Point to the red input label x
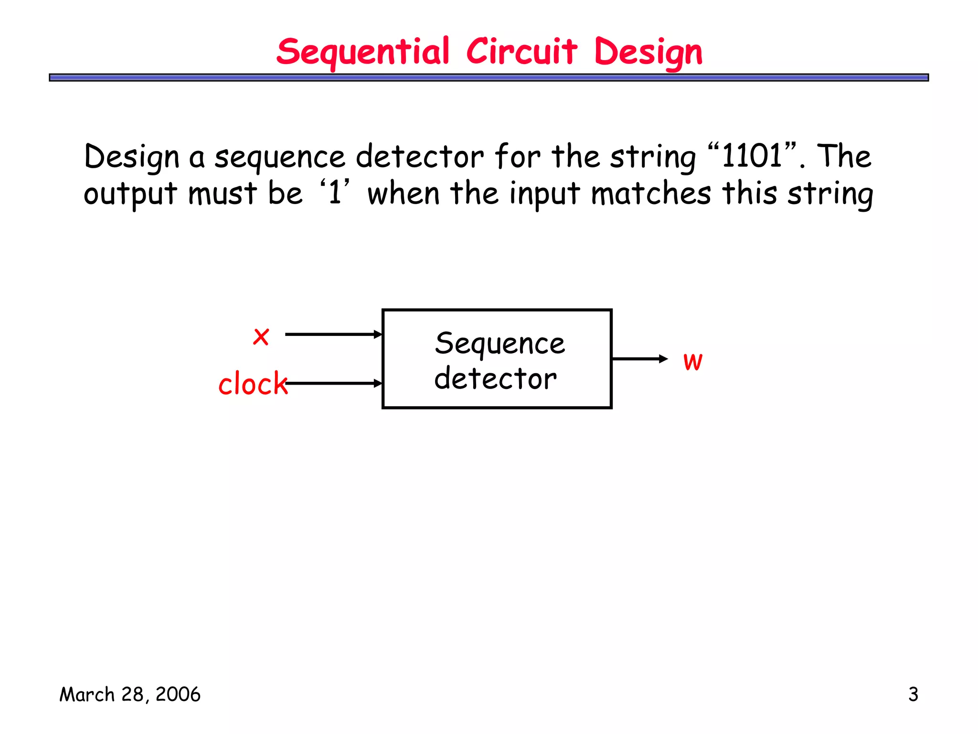click(261, 336)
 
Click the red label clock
click(253, 384)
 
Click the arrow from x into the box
click(333, 335)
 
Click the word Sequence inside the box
click(500, 343)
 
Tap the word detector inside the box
click(495, 378)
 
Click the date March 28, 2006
click(129, 694)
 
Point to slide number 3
click(913, 694)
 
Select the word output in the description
click(130, 194)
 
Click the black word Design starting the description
click(132, 157)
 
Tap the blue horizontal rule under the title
click(489, 77)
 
